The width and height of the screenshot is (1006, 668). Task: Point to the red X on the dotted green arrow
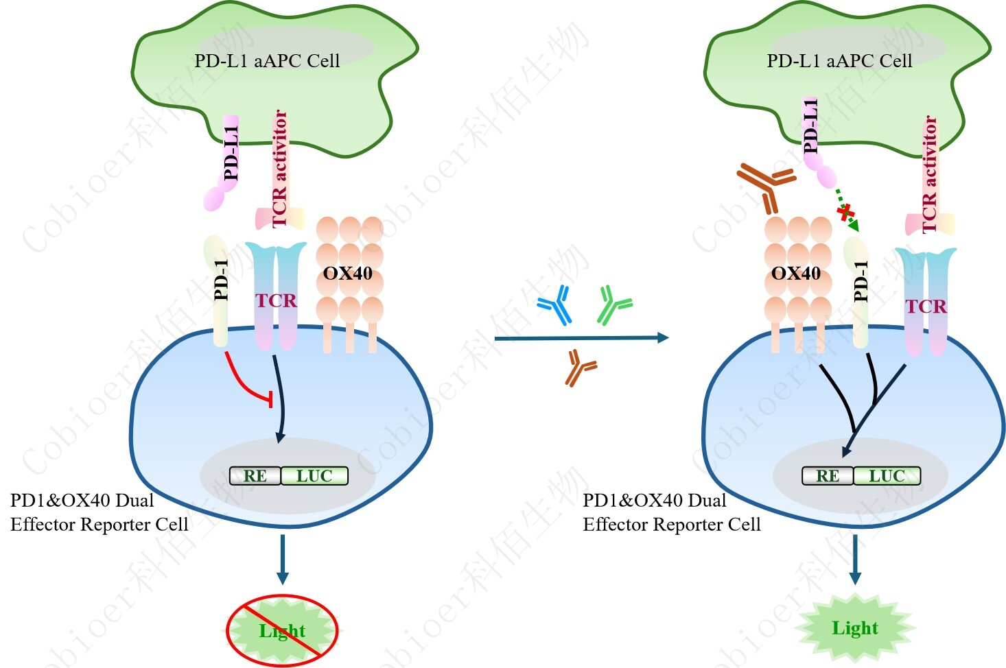click(845, 213)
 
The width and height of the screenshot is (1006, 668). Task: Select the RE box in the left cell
click(255, 476)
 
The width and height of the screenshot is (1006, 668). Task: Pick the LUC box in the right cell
click(887, 476)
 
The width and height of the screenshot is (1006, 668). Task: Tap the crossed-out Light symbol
click(282, 630)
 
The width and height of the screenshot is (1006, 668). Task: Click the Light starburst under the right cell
click(855, 628)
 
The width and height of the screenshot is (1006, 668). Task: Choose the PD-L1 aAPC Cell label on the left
click(267, 60)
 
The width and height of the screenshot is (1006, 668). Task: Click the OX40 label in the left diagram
click(348, 274)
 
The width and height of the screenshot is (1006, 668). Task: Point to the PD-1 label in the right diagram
click(861, 281)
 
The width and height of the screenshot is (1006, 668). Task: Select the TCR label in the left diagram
click(276, 300)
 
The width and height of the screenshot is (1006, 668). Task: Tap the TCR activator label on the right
click(930, 174)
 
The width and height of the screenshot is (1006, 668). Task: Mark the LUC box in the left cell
click(314, 476)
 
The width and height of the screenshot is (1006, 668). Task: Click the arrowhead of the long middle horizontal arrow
click(662, 337)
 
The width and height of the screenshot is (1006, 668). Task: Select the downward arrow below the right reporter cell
click(854, 559)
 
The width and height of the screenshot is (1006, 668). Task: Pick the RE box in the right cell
click(828, 476)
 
